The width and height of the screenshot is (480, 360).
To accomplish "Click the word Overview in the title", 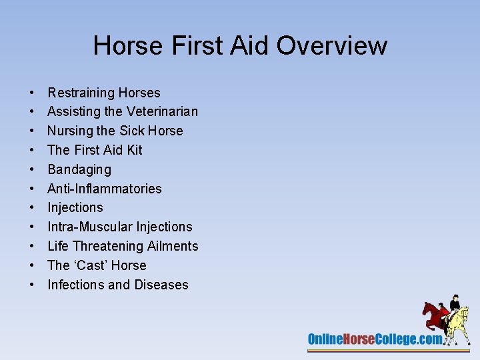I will point(331,46).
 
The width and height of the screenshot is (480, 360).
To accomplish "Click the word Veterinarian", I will point(161,111).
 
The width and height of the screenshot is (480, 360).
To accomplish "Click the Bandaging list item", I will point(79,169).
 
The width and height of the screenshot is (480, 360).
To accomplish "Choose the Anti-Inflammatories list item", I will point(105,189).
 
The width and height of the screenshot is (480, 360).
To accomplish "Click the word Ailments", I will point(173,246).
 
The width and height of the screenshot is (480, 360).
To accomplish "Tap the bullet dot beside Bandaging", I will point(32,170).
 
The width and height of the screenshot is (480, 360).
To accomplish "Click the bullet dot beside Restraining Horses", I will point(32,93).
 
